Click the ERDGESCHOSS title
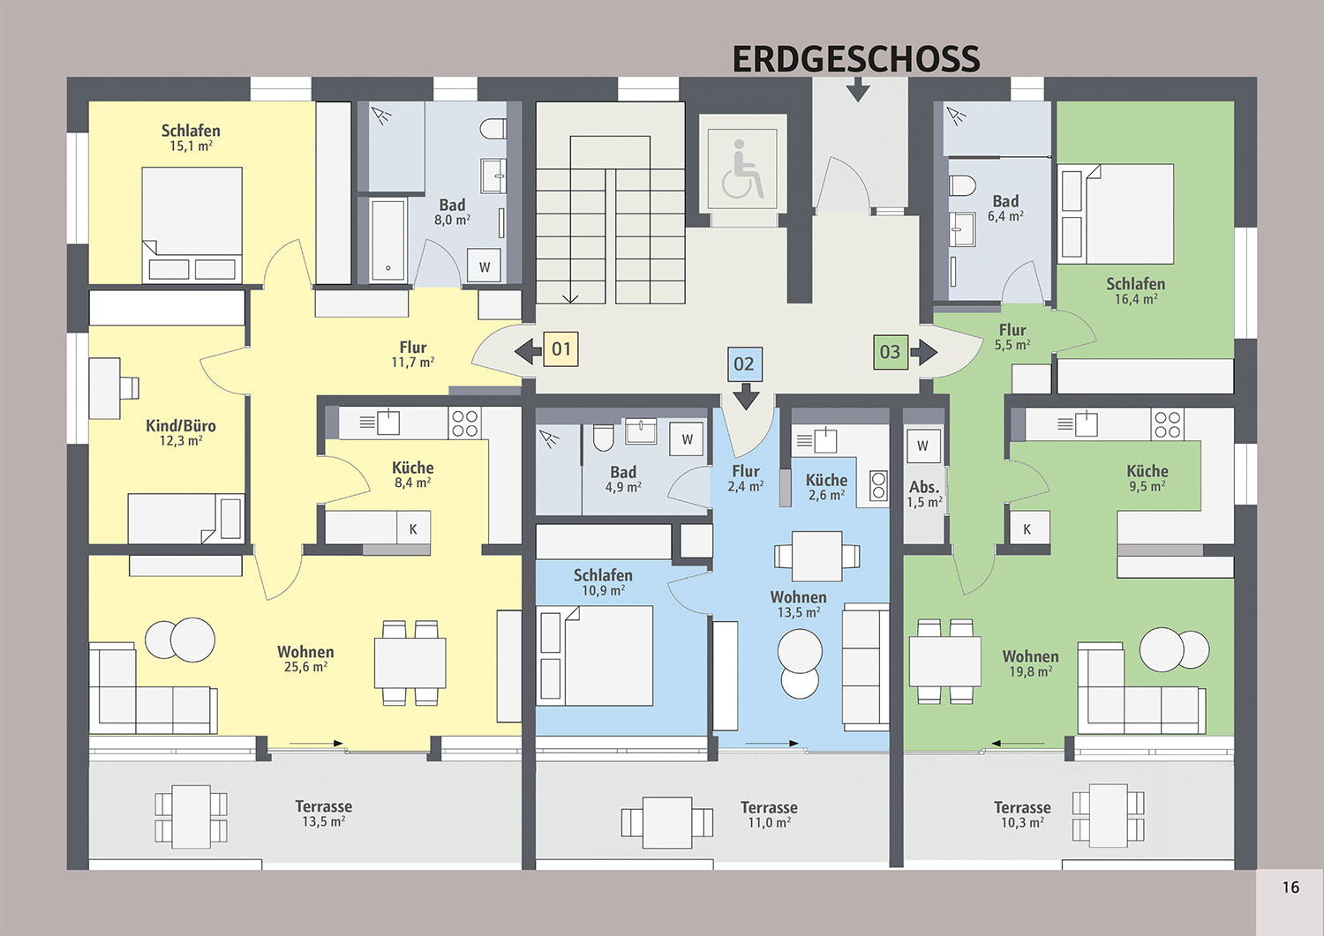point(856,59)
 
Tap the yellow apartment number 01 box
point(560,349)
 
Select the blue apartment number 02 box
point(744,364)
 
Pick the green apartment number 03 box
point(890,352)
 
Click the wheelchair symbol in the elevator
point(742,168)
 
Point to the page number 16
point(1290,887)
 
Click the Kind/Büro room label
point(181,425)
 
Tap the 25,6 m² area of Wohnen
point(305,667)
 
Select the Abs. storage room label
point(924,488)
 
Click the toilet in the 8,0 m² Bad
point(493,129)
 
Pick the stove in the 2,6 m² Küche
point(878,485)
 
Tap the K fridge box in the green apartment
point(1027,529)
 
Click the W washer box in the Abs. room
point(922,446)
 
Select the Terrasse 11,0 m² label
point(769,815)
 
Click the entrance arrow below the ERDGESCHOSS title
point(858,90)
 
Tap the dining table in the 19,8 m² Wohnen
point(944,661)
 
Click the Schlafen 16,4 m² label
point(1135,291)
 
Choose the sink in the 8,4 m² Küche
point(388,422)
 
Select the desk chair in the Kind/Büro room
point(130,388)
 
